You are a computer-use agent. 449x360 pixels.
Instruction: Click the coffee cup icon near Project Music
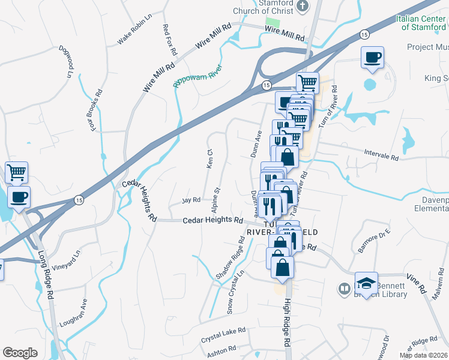pos(372,58)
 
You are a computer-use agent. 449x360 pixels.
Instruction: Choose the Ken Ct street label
pos(209,159)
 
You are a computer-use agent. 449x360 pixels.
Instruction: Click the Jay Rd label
pos(190,200)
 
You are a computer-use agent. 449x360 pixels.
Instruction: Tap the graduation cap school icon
pos(366,282)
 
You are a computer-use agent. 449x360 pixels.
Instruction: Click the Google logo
pos(20,353)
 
